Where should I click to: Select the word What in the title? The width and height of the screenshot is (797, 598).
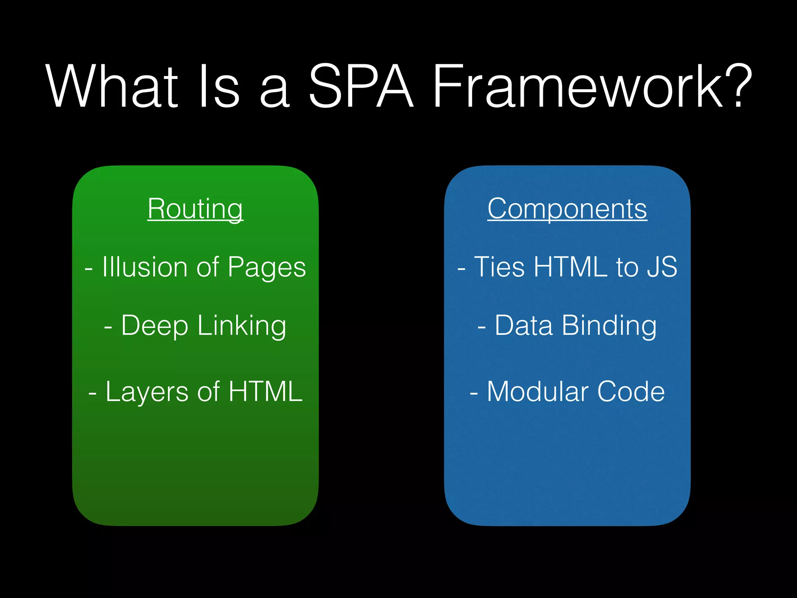pyautogui.click(x=111, y=86)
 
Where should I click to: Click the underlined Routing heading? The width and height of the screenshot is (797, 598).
pyautogui.click(x=195, y=209)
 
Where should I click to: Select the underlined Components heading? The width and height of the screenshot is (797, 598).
pyautogui.click(x=567, y=209)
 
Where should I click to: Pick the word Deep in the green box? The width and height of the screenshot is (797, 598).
pyautogui.click(x=154, y=326)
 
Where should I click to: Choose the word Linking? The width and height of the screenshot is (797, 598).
pyautogui.click(x=242, y=326)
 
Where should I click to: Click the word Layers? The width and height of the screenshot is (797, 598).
pyautogui.click(x=147, y=392)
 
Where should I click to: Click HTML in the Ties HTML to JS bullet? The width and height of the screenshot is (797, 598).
pyautogui.click(x=571, y=267)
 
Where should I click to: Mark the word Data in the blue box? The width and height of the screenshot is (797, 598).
pyautogui.click(x=523, y=325)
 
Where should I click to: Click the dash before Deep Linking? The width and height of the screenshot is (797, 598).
pyautogui.click(x=108, y=327)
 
